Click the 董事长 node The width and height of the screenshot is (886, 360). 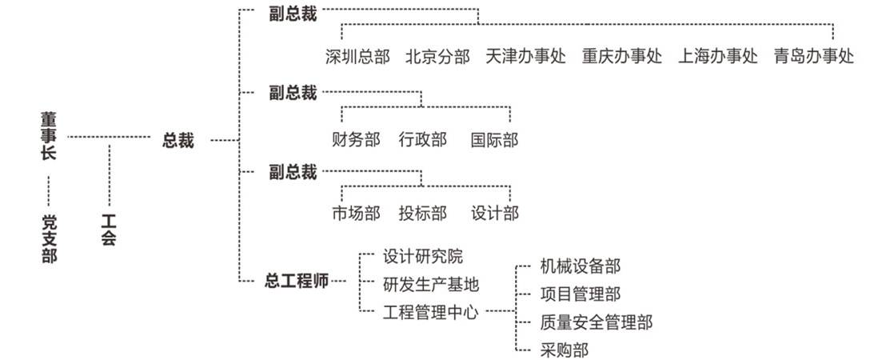[x=49, y=137]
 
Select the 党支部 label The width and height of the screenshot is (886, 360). [x=49, y=238]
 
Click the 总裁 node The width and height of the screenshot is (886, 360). [x=178, y=140]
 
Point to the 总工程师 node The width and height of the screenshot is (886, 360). [x=296, y=281]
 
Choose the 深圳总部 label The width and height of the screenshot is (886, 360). [x=357, y=57]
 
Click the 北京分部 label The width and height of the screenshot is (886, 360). [x=437, y=57]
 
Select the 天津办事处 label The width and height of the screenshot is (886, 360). [x=525, y=57]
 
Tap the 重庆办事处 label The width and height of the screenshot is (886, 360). [x=622, y=57]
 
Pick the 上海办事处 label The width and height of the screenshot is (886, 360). [x=718, y=57]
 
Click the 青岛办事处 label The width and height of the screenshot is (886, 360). [x=814, y=57]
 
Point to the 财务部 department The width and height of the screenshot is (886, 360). [x=356, y=140]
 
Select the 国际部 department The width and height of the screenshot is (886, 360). [x=494, y=140]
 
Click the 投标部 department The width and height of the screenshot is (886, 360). [x=422, y=213]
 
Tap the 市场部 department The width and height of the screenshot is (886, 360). [x=356, y=213]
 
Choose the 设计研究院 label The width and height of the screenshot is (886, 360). [x=422, y=257]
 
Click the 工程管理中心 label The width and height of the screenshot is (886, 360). [x=430, y=311]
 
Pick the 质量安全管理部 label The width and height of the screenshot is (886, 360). [x=596, y=322]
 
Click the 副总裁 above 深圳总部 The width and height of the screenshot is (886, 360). [x=293, y=15]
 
